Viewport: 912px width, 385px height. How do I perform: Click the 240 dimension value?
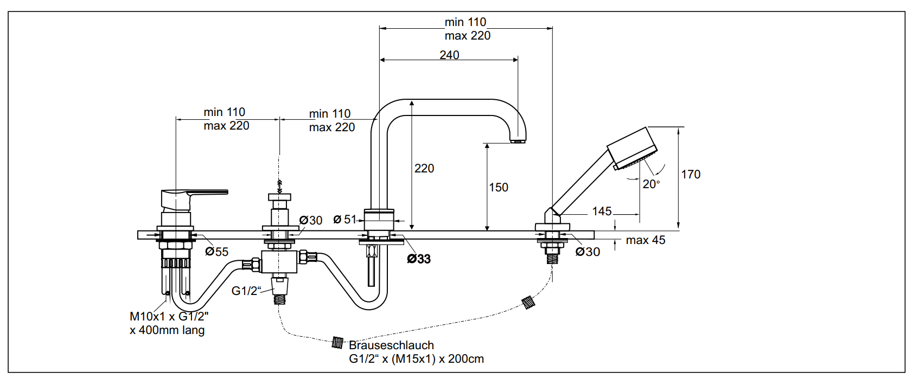coord(449,55)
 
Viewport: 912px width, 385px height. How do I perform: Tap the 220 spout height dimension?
coord(424,169)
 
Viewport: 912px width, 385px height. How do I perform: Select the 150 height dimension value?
coord(499,188)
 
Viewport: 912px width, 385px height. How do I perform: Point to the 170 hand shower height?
coord(691,175)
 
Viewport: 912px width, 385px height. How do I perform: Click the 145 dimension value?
coord(602,211)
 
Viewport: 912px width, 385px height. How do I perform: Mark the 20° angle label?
coord(651,184)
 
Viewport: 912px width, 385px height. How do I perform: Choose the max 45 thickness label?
coord(645,240)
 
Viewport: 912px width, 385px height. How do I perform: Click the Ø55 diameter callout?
coord(217,252)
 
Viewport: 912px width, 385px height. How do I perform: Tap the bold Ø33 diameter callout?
coord(419,259)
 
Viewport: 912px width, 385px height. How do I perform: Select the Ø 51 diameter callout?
coord(345,220)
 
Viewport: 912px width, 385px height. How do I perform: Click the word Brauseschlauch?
coord(391,345)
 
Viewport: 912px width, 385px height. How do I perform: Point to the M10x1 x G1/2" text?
coord(169,317)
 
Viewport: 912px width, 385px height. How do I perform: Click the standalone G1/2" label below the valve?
coord(246,291)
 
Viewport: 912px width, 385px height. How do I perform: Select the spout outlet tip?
coord(519,141)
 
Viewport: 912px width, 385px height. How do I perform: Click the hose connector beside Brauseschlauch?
coord(337,343)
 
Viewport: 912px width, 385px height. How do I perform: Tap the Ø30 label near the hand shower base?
coord(588,252)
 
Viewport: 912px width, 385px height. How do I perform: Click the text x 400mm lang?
coord(167,330)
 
